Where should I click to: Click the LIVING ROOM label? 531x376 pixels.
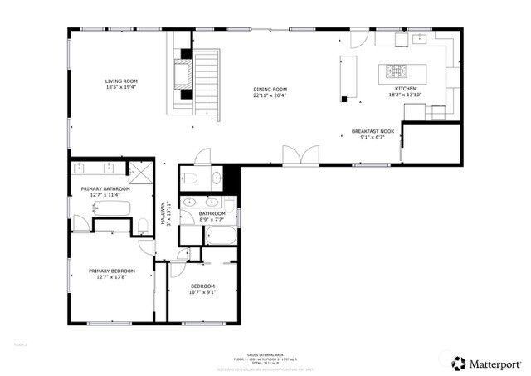121,81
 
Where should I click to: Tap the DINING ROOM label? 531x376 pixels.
270,90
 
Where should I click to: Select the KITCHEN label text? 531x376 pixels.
404,88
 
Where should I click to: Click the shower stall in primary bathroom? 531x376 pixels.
142,172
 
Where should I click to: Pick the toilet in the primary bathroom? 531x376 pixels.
143,222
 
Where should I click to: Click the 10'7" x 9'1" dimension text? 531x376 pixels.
202,292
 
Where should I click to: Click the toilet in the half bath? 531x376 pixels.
190,178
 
